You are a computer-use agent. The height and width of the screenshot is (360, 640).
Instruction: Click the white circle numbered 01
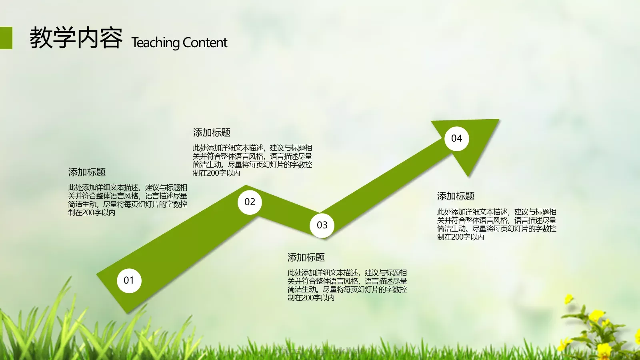coord(129,280)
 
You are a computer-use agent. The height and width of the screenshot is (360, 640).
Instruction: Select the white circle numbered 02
coord(250,202)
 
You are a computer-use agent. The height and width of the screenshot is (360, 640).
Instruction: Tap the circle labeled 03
coord(322,225)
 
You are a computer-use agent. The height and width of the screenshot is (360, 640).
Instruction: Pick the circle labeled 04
coord(456,138)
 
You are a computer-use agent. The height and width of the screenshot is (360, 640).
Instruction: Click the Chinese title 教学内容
coord(76,38)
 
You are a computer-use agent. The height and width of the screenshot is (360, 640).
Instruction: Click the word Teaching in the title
coord(156,42)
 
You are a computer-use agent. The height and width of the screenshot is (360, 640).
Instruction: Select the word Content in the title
coord(205,42)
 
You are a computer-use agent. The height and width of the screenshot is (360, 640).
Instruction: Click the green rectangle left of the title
coord(6,38)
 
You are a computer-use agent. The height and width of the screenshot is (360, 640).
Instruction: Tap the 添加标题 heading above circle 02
coord(212,132)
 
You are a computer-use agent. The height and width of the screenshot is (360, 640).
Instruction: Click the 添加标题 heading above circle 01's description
coord(87,172)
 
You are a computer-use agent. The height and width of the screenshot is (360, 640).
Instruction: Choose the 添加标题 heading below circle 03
coord(306,257)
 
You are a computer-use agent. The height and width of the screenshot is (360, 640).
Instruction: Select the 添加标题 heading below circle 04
coord(456,196)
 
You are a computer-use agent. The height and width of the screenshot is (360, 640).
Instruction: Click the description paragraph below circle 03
coord(347,285)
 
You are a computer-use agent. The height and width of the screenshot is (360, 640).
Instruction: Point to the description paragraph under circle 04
coord(496,224)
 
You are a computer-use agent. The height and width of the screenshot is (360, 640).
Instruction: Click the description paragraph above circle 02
coord(252,160)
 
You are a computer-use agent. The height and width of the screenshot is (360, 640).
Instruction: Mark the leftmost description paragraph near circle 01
coord(127,200)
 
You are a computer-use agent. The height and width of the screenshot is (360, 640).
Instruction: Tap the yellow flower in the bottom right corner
coord(596,316)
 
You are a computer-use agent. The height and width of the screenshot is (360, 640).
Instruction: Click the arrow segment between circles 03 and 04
coord(384,184)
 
